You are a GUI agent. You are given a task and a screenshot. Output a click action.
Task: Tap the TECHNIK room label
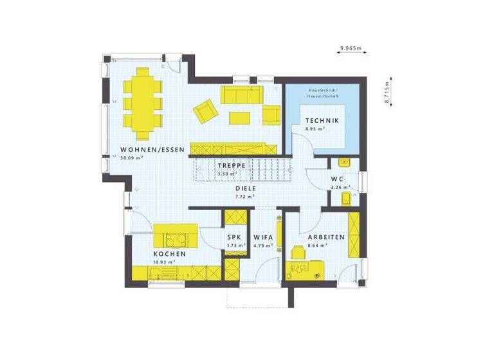click(322, 120)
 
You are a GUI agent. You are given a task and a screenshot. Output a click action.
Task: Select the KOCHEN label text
click(170, 255)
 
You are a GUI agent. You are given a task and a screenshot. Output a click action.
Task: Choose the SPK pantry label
click(234, 237)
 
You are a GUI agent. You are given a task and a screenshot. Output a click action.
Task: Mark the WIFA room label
click(264, 237)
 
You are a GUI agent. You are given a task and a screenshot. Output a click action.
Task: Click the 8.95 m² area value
click(315, 129)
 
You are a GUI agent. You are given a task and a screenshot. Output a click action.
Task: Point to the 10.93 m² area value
click(165, 262)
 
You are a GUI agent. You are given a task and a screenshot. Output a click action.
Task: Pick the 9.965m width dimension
click(351, 48)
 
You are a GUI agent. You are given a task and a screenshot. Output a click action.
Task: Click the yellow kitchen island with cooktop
click(174, 236)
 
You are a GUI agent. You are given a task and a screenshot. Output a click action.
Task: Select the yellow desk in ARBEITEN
click(308, 264)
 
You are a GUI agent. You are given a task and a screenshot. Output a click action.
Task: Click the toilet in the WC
click(346, 197)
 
